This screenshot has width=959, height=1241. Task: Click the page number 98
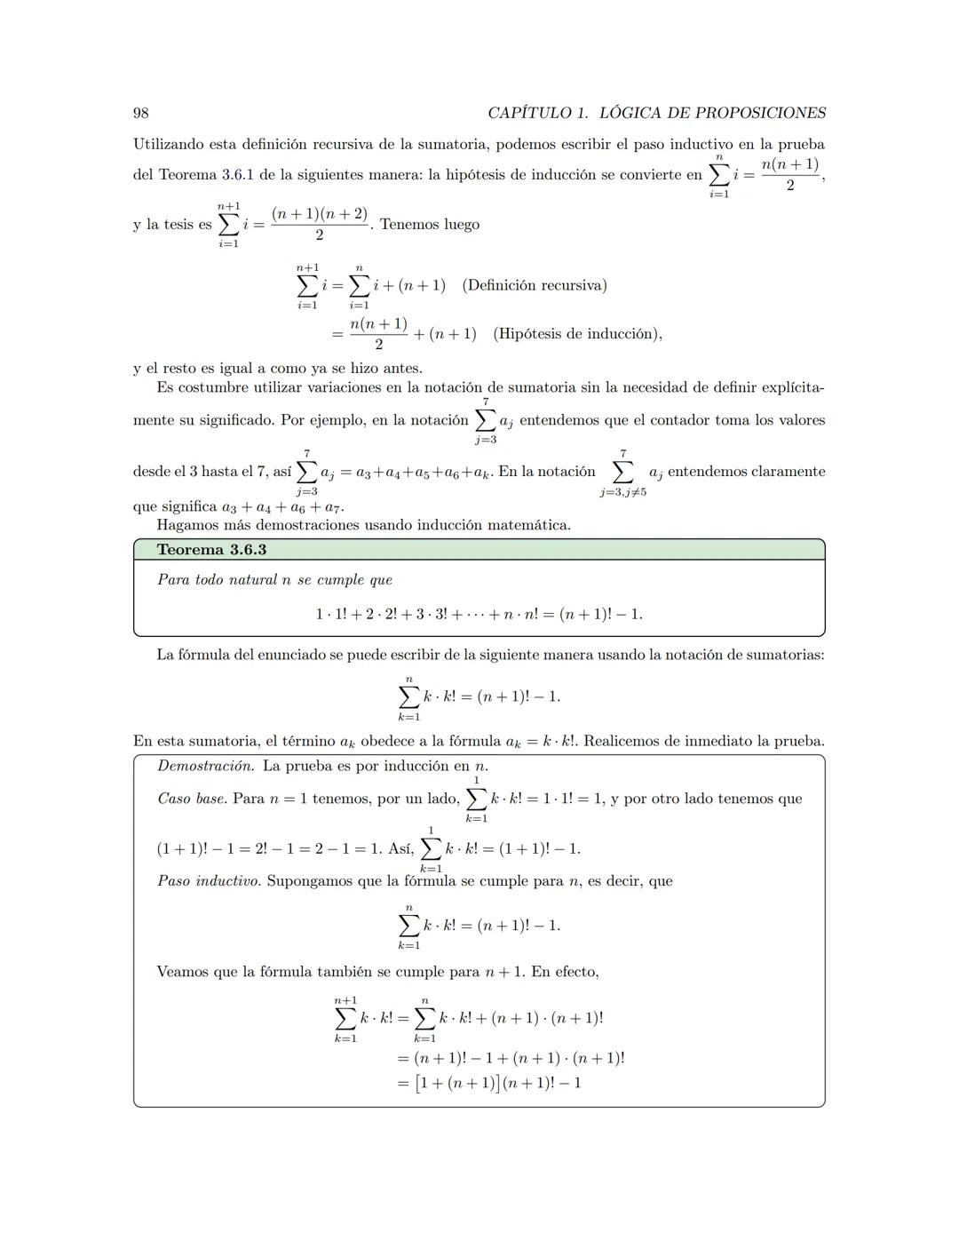pyautogui.click(x=140, y=113)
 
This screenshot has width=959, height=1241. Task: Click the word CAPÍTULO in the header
pyautogui.click(x=528, y=113)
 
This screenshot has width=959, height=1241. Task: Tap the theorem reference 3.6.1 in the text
pyautogui.click(x=237, y=175)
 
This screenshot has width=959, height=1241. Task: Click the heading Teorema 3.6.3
pyautogui.click(x=211, y=550)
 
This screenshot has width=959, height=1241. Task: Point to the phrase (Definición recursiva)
pyautogui.click(x=535, y=285)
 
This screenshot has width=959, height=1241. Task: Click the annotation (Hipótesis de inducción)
pyautogui.click(x=576, y=334)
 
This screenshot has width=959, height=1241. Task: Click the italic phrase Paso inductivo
pyautogui.click(x=209, y=881)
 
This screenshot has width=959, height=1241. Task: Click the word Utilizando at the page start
pyautogui.click(x=172, y=144)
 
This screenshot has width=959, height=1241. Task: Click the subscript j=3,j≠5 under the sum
pyautogui.click(x=622, y=492)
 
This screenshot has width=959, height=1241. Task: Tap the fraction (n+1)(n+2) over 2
pyautogui.click(x=320, y=224)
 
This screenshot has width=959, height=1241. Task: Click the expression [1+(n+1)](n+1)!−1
pyautogui.click(x=497, y=1083)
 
